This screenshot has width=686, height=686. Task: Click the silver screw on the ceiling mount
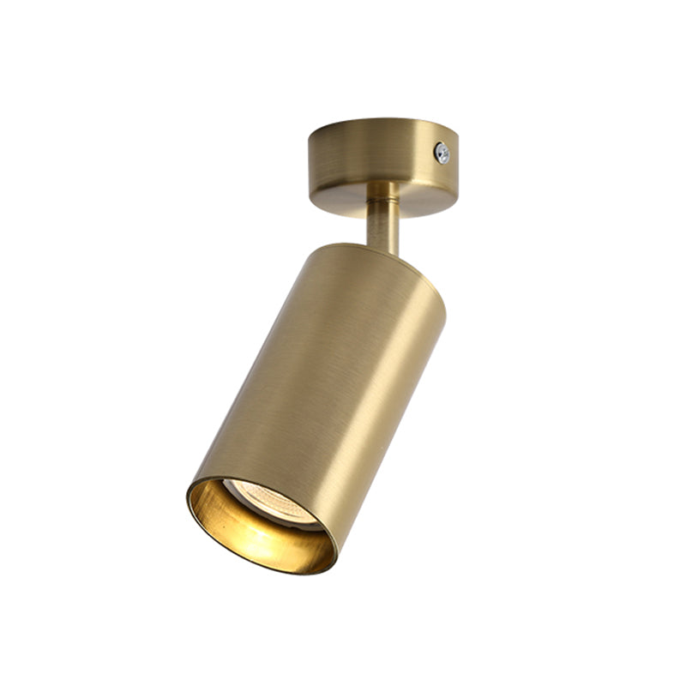[x=442, y=153]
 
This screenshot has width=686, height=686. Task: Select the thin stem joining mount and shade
[x=382, y=219]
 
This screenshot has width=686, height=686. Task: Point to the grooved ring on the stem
[x=382, y=190]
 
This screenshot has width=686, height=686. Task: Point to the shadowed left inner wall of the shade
[x=199, y=504]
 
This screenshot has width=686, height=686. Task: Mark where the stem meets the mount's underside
[x=382, y=184]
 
